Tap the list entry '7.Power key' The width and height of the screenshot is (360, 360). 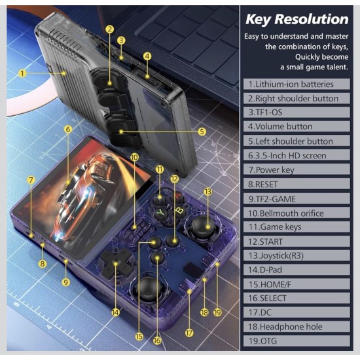(271, 170)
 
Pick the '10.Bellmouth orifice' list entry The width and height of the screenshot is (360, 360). (288, 212)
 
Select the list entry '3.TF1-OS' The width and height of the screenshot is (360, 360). (269, 113)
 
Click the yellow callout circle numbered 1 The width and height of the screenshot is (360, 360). (22, 73)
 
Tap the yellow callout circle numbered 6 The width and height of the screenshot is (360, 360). (67, 130)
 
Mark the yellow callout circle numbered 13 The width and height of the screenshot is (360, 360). (208, 192)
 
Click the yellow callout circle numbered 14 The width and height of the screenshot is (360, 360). (115, 312)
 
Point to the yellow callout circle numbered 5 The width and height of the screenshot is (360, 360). (202, 131)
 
